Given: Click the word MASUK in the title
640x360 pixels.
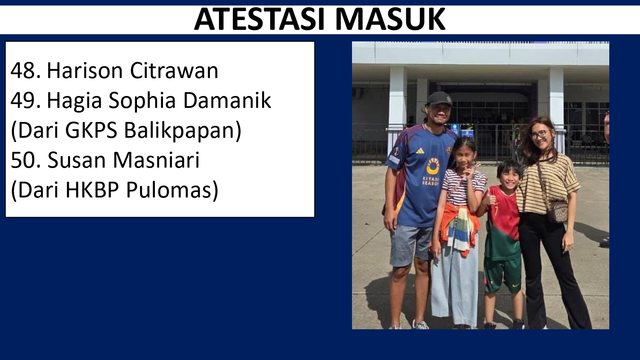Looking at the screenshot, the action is (x=390, y=20).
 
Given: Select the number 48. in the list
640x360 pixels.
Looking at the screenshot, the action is (x=26, y=70).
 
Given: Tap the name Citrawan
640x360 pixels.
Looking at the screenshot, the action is (x=174, y=70).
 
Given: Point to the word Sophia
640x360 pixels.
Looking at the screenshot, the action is (x=142, y=101).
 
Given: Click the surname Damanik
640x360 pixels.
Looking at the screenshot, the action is (x=227, y=101).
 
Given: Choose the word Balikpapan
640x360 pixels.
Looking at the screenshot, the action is (x=183, y=131).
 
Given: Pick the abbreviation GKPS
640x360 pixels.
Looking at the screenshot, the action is (x=91, y=131).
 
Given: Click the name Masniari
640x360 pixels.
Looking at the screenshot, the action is (x=156, y=160).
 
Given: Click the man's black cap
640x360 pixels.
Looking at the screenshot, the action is (x=439, y=99).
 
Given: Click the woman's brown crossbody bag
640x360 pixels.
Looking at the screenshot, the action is (x=557, y=212).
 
